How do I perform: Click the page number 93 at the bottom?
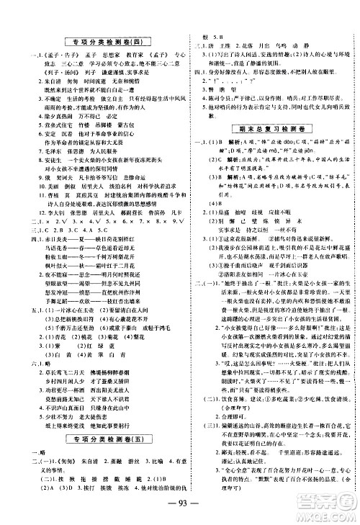click(x=179, y=503)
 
